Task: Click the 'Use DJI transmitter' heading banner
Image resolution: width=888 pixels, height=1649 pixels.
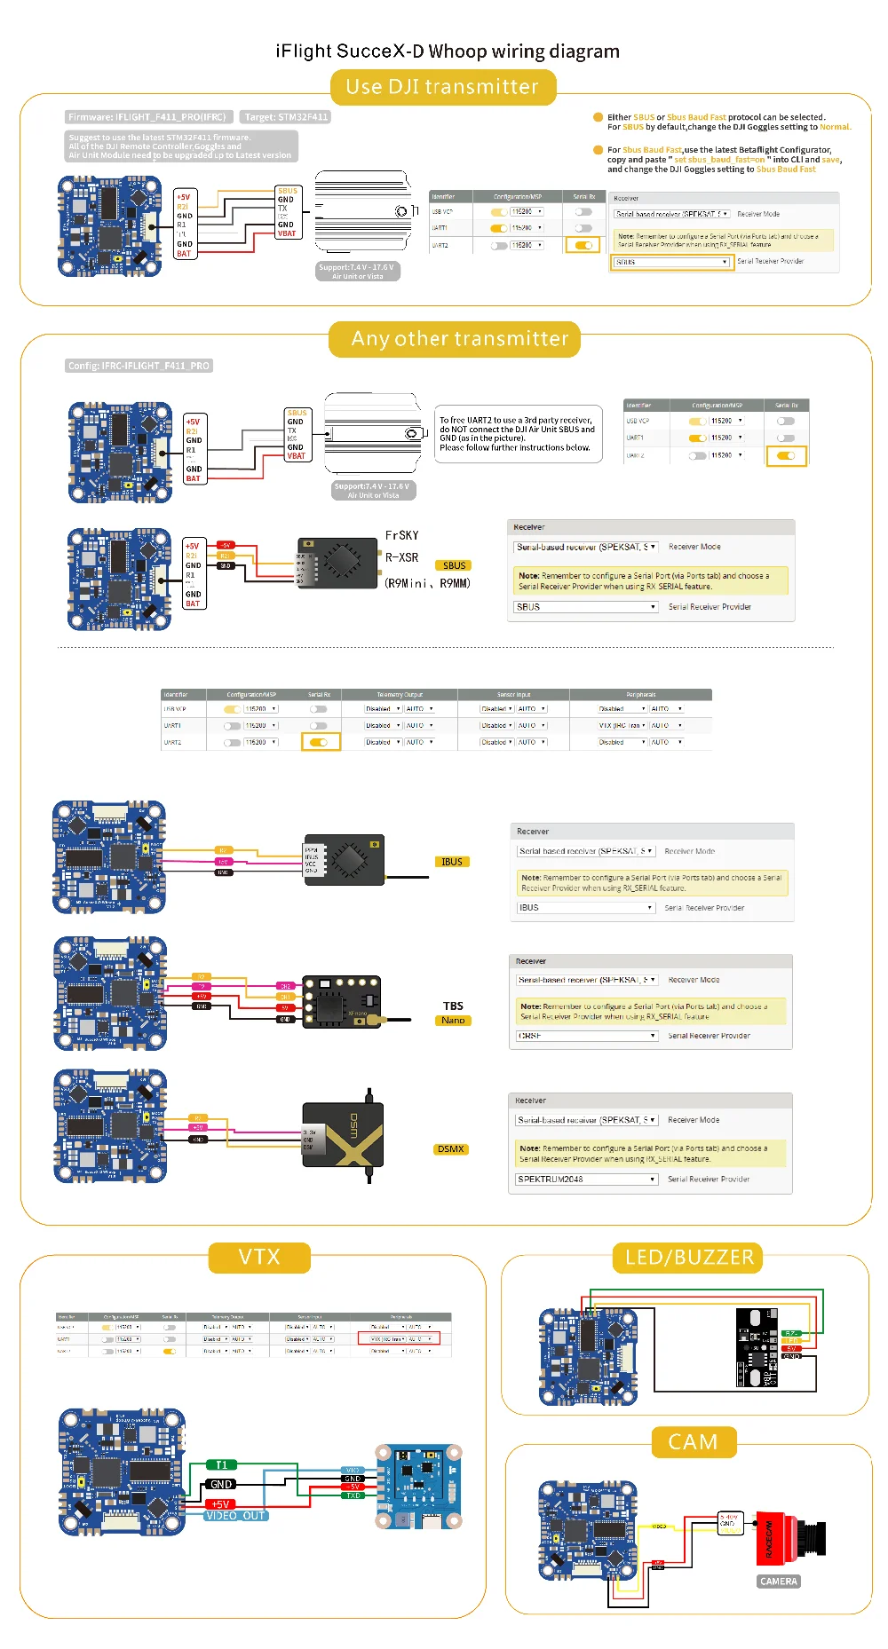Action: coord(442,87)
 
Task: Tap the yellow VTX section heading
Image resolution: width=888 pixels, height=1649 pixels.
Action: coord(259,1257)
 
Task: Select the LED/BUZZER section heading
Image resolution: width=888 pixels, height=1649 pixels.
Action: coord(689,1257)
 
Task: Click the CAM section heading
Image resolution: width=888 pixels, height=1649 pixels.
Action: coord(693,1442)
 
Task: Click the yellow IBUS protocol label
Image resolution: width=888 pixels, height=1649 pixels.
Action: coord(452,862)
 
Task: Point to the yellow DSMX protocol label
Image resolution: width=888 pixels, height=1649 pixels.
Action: coord(451,1149)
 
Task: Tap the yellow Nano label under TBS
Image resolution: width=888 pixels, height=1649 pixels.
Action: coord(453,1021)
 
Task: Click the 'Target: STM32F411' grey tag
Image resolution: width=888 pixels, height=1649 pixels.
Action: coord(286,117)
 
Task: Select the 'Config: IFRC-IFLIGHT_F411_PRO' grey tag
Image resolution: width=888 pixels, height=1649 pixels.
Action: coord(139,366)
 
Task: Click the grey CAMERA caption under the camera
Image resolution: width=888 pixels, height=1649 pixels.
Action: coord(779,1582)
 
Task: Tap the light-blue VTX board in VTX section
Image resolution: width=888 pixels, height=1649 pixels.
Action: coord(419,1487)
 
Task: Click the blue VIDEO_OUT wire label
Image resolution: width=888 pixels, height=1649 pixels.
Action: coord(235,1516)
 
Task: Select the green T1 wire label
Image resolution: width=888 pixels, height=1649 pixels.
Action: coord(221,1464)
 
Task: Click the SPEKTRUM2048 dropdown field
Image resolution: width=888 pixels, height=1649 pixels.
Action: coord(587,1180)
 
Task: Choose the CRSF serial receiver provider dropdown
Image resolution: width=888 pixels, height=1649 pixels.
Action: coord(587,1036)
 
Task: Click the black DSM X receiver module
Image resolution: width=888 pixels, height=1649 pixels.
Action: coord(343,1133)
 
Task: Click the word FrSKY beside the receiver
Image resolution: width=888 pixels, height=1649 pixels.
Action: coord(401,535)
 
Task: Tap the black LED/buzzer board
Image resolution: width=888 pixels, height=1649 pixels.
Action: coord(757,1347)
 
